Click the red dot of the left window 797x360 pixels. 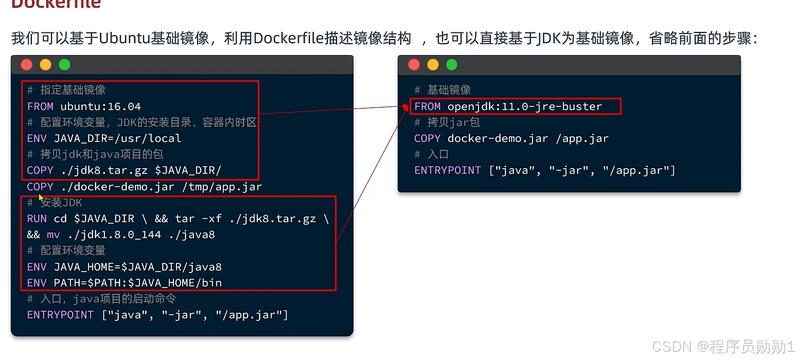[27, 65]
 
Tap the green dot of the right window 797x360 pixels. [451, 65]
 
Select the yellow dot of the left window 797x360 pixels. [46, 65]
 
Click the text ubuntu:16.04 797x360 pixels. [100, 106]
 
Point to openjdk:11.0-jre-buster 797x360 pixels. [524, 106]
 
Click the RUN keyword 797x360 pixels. [37, 219]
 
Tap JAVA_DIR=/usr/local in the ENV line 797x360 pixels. [117, 138]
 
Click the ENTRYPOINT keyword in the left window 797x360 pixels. [60, 315]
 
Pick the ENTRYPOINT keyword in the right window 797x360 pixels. [447, 170]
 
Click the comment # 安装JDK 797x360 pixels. [55, 203]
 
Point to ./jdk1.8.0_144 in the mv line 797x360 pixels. [114, 235]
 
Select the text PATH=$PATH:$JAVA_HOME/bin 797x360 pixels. [137, 283]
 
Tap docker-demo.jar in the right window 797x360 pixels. [498, 138]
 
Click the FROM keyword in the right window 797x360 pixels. [427, 106]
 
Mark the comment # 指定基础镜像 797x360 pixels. [66, 90]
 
